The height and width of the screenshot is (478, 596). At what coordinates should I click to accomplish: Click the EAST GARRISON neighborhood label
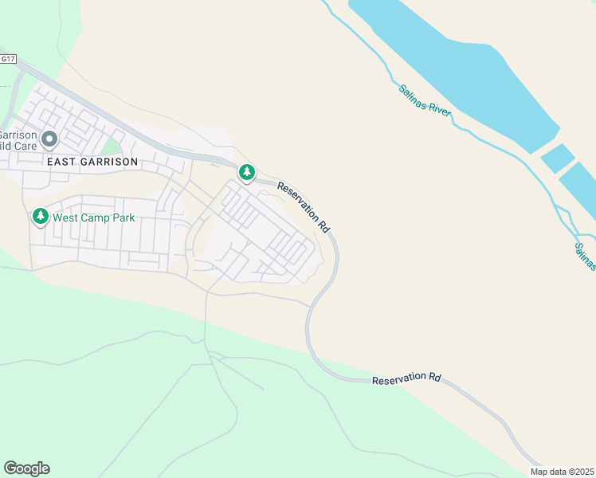point(92,161)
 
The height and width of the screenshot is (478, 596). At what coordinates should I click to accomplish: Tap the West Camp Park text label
point(94,217)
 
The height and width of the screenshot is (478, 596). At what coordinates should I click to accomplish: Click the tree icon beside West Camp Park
point(40,216)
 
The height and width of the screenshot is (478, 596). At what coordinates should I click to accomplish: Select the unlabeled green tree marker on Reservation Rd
point(247,172)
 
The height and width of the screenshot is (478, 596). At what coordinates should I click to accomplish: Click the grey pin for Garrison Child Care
point(49,140)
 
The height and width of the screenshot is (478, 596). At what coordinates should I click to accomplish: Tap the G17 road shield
point(8,59)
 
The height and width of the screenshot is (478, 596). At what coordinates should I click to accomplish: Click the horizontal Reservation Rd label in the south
point(406,379)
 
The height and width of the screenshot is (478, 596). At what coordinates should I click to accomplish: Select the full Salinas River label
point(425,100)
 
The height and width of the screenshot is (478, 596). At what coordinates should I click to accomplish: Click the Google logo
point(26,468)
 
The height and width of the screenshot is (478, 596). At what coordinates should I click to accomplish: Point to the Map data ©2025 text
point(562,472)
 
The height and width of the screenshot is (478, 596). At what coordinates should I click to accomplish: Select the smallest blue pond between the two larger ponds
point(557,158)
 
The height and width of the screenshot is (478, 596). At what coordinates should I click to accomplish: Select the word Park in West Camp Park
point(122,217)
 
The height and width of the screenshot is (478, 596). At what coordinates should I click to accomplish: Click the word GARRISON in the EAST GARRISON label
point(108,161)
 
